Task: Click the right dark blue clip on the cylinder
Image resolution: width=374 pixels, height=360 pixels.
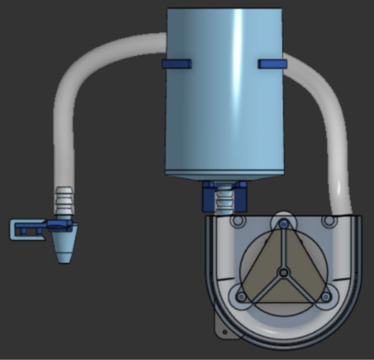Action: [273, 63]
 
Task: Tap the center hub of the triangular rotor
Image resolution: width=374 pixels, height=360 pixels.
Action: [283, 272]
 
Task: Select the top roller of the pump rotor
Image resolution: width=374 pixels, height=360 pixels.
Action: [284, 225]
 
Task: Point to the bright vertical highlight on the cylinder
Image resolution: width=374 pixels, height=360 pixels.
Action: [238, 88]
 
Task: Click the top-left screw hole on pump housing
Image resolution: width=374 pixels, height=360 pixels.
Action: [237, 222]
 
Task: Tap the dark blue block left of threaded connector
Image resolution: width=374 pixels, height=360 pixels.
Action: [207, 198]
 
